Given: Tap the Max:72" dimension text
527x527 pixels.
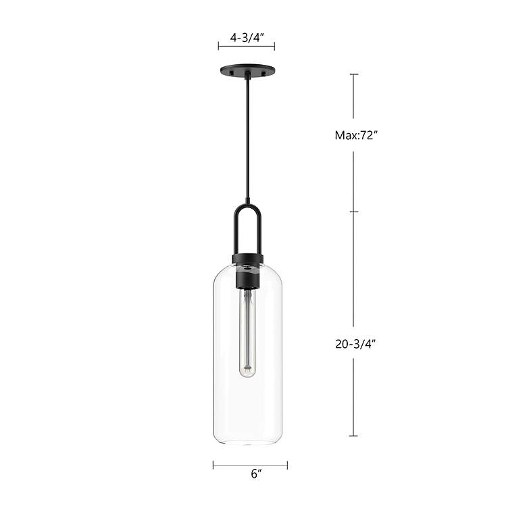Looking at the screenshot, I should (x=355, y=135).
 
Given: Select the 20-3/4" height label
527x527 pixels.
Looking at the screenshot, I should (x=355, y=343).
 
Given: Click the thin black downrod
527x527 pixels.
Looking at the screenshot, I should (x=247, y=135).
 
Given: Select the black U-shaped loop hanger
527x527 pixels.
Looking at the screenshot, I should (x=247, y=226).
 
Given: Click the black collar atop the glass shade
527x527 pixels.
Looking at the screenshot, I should (x=247, y=259).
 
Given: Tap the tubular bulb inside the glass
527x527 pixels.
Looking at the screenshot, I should (x=249, y=331).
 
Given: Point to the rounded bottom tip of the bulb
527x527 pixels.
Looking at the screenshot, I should (x=249, y=374).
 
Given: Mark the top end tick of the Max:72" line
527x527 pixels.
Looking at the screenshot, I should (x=353, y=74).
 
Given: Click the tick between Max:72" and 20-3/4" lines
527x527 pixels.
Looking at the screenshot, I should (x=353, y=211).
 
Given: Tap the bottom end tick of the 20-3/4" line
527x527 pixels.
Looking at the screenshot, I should (x=353, y=436).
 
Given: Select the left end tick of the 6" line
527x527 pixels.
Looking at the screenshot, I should (x=214, y=465).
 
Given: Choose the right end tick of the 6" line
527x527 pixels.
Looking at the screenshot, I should (x=287, y=465).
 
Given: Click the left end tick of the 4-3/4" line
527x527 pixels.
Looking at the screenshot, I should (x=218, y=46).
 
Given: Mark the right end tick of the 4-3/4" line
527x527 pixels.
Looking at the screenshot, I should (x=274, y=46).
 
